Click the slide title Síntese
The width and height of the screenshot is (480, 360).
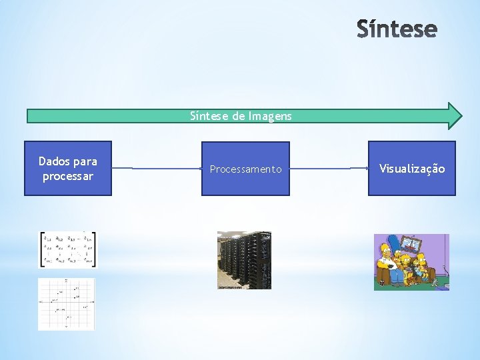click(397, 29)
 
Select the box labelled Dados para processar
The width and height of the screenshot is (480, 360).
click(68, 169)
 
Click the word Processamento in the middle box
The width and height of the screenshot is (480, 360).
click(245, 169)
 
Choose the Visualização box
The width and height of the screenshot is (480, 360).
click(412, 169)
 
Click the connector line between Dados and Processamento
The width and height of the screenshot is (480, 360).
click(157, 169)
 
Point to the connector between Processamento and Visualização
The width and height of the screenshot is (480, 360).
click(329, 169)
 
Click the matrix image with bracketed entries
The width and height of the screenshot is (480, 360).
click(67, 249)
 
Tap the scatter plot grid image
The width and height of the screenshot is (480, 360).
click(67, 304)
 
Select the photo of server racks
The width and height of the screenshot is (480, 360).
click(244, 260)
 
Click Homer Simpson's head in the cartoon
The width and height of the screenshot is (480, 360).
click(385, 251)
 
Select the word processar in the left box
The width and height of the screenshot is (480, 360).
click(68, 177)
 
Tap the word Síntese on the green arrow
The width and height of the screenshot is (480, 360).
click(209, 116)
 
